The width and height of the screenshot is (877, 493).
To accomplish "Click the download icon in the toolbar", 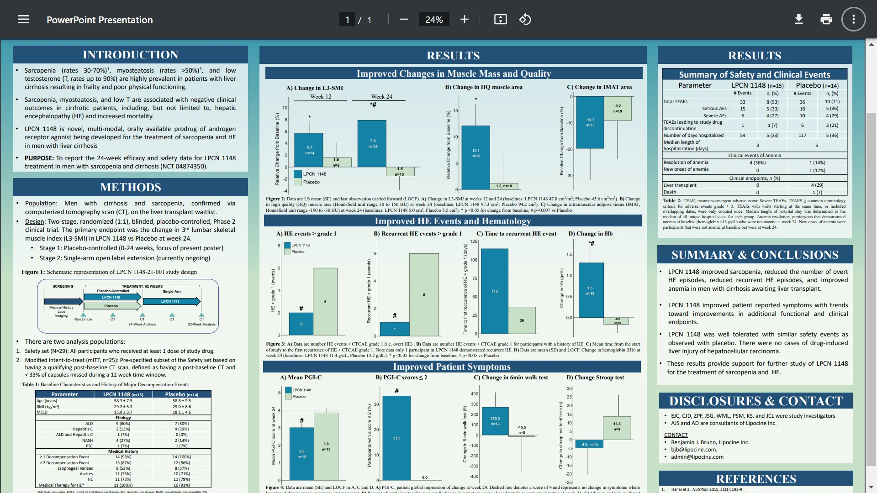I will [799, 19].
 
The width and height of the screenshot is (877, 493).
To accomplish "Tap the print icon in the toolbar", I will [826, 19].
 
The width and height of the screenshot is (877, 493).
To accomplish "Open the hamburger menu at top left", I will [23, 20].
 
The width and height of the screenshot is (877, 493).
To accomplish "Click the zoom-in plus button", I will [465, 19].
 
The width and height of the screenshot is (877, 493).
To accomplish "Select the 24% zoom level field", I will [434, 20].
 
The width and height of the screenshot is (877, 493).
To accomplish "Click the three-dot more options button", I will [853, 19].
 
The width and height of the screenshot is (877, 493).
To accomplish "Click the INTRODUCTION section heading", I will [131, 55].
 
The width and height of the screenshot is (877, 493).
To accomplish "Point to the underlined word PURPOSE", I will [39, 158].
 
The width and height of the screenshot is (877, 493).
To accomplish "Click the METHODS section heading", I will [131, 187].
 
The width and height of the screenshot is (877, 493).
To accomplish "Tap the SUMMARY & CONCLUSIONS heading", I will [755, 255].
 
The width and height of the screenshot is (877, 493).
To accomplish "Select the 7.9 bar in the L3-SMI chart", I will [373, 143].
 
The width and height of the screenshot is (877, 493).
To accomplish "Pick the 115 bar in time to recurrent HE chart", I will [495, 291].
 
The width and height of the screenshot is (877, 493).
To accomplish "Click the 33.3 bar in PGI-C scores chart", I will [396, 438].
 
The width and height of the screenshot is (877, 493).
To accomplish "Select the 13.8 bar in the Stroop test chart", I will [617, 427].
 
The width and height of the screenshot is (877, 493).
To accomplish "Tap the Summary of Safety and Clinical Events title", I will [754, 74].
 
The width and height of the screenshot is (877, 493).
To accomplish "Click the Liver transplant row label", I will [680, 185].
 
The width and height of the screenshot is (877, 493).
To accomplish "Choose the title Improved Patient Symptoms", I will [452, 367].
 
